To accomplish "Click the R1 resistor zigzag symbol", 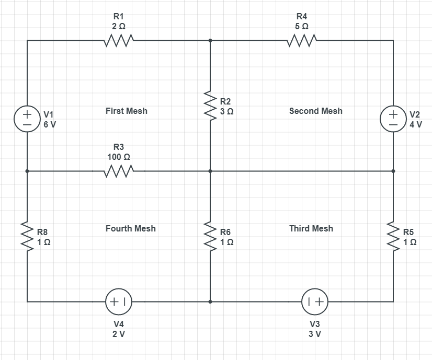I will (x=119, y=40).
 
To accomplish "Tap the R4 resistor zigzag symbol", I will (x=302, y=40).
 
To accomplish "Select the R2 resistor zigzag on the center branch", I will (x=210, y=106).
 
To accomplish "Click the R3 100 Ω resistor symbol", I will (x=119, y=171).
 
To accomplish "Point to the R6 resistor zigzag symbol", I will (x=210, y=236).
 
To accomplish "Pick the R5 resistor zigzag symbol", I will (x=393, y=236).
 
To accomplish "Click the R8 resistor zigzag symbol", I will (x=27, y=236).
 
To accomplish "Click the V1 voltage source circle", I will (x=27, y=119).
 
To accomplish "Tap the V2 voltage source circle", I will (x=393, y=119).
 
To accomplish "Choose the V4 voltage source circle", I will (x=119, y=301).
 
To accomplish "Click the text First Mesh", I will (x=126, y=111).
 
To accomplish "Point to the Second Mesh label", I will (x=315, y=111).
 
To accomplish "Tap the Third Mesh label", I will (x=311, y=228).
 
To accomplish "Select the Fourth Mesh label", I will (x=130, y=228).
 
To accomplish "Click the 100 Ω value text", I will (x=119, y=156).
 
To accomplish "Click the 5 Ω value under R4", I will (x=302, y=26).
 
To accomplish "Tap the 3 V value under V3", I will (x=314, y=334).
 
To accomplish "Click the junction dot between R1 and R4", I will (x=210, y=40).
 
